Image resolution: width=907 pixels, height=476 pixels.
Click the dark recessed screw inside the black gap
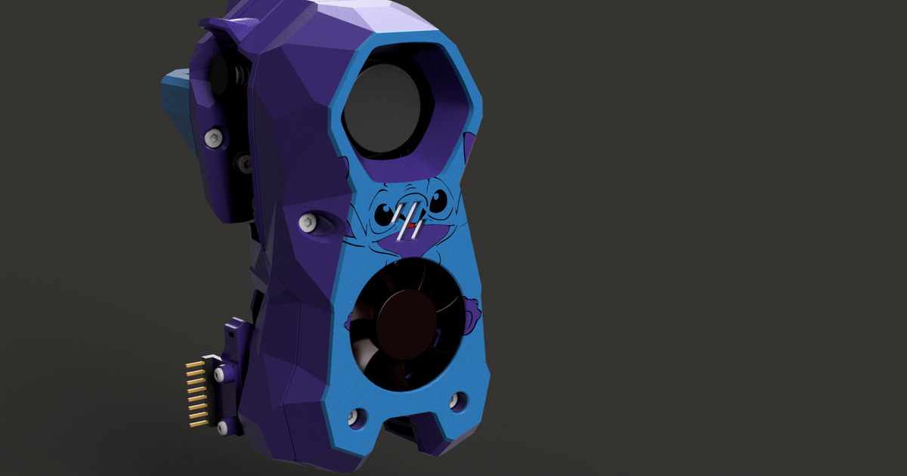[244, 161]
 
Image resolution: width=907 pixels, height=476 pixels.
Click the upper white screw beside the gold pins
[220, 374]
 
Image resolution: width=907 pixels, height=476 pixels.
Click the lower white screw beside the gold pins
[222, 428]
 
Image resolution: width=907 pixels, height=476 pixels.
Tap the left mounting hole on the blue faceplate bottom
[355, 416]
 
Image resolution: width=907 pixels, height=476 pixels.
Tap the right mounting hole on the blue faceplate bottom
[456, 400]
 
